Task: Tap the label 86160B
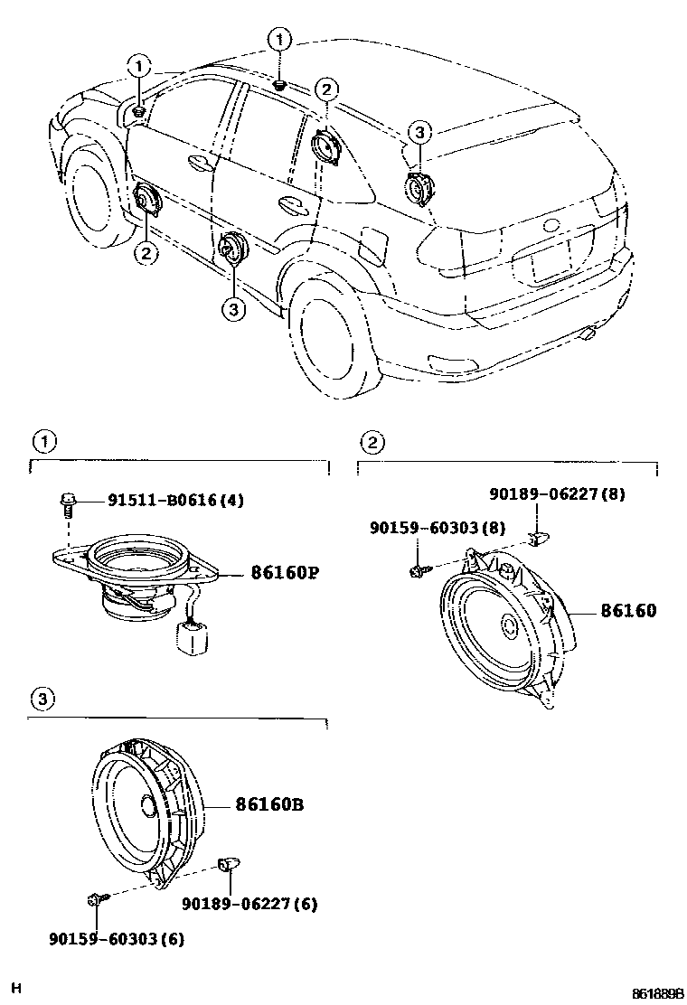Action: click(x=268, y=803)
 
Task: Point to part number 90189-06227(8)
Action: click(x=557, y=494)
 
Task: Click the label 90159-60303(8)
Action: click(x=437, y=527)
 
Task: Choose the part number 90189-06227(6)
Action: click(x=249, y=903)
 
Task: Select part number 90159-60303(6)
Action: click(x=117, y=938)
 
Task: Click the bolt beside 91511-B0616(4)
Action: click(x=68, y=502)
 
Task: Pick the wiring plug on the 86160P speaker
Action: click(x=193, y=637)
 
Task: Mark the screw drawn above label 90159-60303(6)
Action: click(x=96, y=898)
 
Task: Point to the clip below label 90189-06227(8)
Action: click(x=538, y=540)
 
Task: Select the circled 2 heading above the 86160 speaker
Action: click(x=372, y=442)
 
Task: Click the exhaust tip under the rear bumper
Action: click(x=588, y=336)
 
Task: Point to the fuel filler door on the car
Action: click(x=372, y=244)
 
